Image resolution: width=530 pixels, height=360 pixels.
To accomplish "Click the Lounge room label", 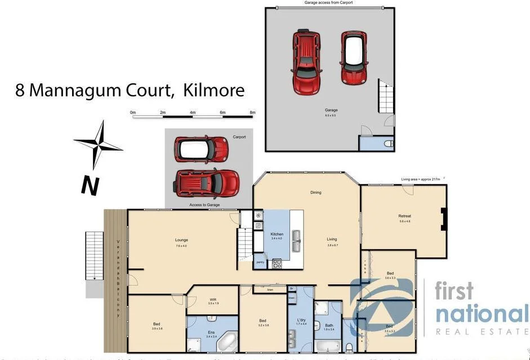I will coord(181,240).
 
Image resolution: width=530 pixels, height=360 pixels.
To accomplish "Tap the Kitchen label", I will coord(277,234).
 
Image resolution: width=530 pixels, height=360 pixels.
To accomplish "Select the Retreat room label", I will coord(404,216).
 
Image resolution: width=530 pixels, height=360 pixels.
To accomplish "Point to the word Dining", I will coord(315,193).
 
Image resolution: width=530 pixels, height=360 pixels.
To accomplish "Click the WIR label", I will coord(212,299).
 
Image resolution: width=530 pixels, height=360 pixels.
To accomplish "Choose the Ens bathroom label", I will coord(211,332).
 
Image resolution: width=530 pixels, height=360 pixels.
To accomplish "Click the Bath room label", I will coord(329,325).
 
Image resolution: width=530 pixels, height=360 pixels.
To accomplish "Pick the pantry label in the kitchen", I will coord(260,262).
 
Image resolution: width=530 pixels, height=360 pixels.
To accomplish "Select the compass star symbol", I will coord(99,145).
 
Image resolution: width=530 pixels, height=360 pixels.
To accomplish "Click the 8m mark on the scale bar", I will coord(252,113).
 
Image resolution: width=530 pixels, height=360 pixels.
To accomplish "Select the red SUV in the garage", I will coord(306,62).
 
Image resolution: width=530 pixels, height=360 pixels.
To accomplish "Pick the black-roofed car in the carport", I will coord(202,149).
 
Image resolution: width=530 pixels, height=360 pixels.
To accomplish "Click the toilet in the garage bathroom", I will coord(388,144).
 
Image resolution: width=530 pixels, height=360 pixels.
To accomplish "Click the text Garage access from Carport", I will coord(328,3).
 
